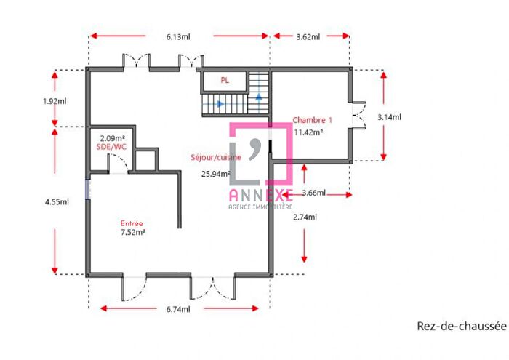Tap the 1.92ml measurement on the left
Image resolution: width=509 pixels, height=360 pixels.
coord(55,101)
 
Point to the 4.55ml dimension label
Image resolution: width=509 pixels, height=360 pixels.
coord(56,202)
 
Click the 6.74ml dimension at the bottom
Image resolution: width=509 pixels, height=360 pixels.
coord(179,309)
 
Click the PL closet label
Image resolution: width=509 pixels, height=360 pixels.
coord(225,81)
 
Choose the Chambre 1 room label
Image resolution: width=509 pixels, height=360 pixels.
coord(313,119)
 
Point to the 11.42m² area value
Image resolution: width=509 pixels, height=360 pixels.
coord(308,132)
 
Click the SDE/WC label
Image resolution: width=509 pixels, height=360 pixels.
coord(111,147)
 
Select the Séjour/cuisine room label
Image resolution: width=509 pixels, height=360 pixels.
coord(216,157)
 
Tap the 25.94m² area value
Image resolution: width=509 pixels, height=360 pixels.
coord(215,173)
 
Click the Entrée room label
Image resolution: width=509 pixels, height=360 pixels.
coord(132,223)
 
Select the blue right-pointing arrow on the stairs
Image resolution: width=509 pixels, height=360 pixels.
coord(220,105)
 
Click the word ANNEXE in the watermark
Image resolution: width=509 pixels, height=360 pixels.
coord(260,195)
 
